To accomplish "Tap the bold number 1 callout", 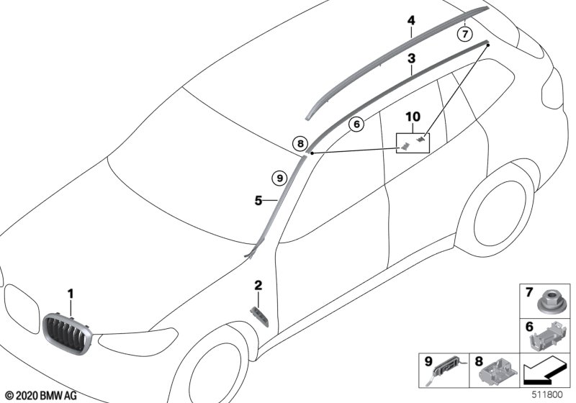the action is pos(71,293).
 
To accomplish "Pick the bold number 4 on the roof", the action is pos(411,22).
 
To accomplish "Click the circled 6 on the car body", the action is pos(356,124).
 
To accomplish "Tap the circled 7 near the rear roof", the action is pos(465,33).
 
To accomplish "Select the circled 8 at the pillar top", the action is pos(300,143).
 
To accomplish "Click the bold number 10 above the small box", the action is pos(412,117).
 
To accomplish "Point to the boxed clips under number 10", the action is pos(414,142).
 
